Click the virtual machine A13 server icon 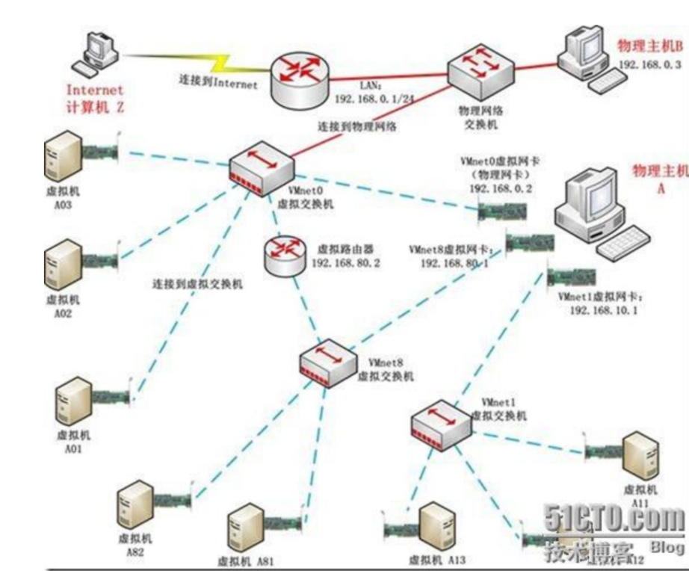pyautogui.click(x=436, y=525)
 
